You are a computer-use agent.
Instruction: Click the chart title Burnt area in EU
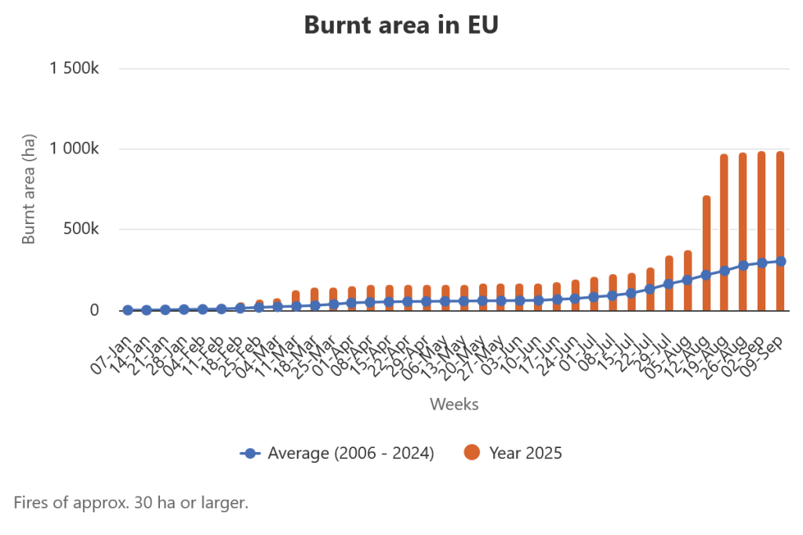click(401, 25)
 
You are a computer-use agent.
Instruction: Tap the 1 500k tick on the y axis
click(74, 68)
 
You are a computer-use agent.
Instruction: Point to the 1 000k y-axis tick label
click(74, 149)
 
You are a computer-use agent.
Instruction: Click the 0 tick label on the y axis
click(94, 310)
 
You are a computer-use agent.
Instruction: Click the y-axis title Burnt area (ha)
click(29, 188)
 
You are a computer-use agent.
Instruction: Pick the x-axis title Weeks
click(454, 404)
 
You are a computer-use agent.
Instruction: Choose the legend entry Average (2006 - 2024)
click(337, 453)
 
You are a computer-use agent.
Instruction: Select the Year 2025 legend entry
click(514, 453)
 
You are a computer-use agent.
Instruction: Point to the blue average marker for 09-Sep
click(780, 262)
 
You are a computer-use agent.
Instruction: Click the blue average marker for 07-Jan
click(128, 310)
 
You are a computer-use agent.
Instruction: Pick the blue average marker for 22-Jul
click(650, 289)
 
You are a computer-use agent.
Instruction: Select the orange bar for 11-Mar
click(296, 298)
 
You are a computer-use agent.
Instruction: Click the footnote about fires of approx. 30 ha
click(131, 502)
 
